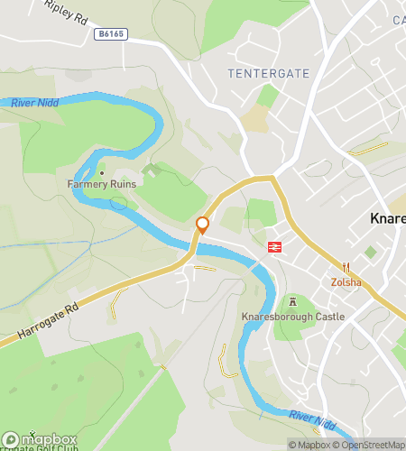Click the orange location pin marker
(203, 225)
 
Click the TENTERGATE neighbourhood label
(269, 73)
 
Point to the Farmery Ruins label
(101, 184)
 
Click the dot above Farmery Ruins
(102, 172)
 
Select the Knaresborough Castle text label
(293, 318)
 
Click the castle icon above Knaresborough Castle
(292, 302)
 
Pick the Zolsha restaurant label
(346, 281)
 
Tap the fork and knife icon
(346, 267)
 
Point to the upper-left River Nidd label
(36, 104)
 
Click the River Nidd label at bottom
(313, 417)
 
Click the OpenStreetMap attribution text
(372, 444)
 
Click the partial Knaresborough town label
(388, 218)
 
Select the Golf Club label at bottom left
(36, 448)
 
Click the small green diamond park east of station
(370, 253)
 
